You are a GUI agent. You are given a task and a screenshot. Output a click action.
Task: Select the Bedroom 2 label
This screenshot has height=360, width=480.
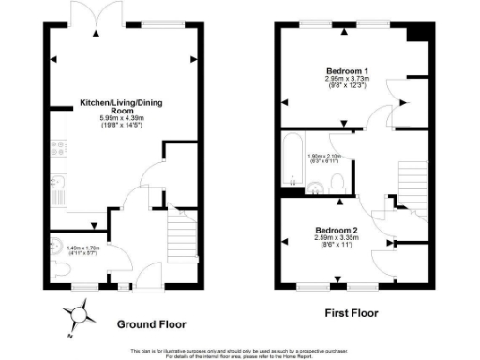[337, 230]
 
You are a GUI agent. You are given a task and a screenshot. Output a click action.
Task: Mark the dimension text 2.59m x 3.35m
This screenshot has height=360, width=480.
[337, 238]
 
